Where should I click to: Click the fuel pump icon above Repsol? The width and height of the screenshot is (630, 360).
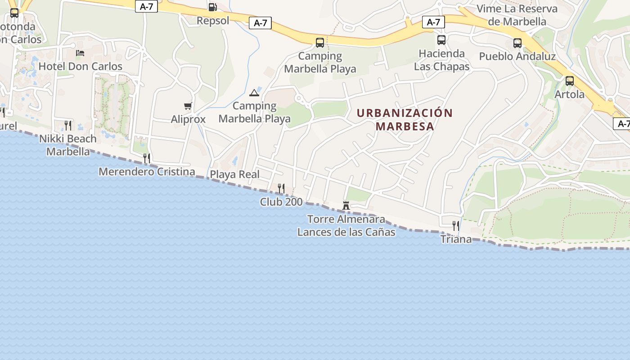click(212, 7)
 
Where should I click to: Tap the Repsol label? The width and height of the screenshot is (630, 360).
click(213, 21)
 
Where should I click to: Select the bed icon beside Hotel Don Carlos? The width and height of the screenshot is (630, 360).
click(80, 53)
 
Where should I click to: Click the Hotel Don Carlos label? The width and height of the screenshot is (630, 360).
click(81, 67)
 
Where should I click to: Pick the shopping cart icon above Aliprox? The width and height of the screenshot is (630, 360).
click(188, 106)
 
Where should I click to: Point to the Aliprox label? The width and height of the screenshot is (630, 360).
click(188, 119)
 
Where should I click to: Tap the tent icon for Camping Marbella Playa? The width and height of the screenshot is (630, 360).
click(254, 93)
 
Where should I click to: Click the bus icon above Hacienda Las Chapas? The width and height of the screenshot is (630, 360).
click(441, 40)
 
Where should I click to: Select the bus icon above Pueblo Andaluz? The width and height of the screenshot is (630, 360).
click(517, 43)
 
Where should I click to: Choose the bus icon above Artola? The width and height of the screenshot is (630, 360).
click(570, 81)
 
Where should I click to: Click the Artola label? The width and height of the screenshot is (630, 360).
click(570, 94)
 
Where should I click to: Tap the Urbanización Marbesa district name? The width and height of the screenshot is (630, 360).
click(405, 119)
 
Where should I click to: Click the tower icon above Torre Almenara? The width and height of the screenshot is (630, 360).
click(346, 206)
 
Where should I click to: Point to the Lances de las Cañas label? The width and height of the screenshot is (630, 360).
click(346, 232)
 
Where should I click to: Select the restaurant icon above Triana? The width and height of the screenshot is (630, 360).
click(456, 225)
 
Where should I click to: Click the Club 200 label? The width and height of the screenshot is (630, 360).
click(281, 202)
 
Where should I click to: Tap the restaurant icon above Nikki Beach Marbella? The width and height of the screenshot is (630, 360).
click(68, 125)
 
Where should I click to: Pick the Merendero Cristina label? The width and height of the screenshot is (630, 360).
click(147, 171)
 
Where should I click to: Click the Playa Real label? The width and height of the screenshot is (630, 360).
click(235, 175)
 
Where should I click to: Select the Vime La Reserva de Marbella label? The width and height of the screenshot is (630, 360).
click(517, 15)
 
